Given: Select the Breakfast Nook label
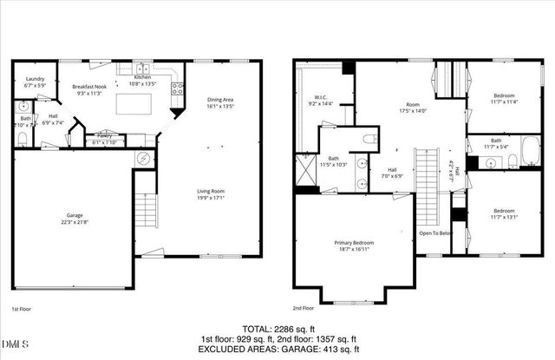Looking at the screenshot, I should tap(90, 88).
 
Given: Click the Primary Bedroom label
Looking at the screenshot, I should tap(353, 246).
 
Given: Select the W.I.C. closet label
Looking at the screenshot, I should tap(320, 101).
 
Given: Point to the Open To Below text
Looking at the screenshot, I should tap(436, 233).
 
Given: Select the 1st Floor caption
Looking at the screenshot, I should tap(23, 309).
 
